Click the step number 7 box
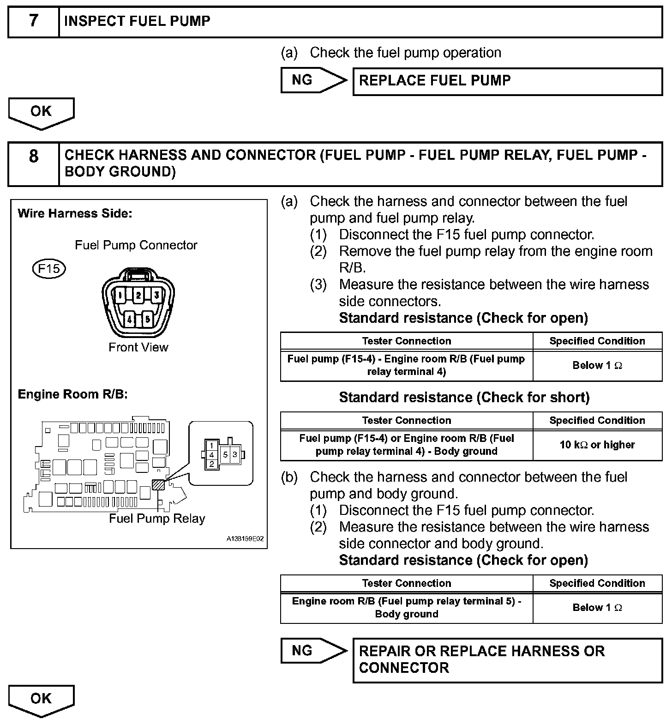34,21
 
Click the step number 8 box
34,163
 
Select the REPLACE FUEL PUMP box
507,81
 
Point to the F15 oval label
49,268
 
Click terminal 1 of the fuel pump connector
120,295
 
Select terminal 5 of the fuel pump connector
147,319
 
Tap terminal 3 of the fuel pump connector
156,295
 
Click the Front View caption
138,347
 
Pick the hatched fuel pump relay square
158,484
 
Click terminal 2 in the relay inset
211,464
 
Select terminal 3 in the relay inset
234,454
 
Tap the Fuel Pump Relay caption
157,519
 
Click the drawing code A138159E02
245,539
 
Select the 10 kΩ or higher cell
597,445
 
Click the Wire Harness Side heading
75,213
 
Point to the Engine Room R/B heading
72,394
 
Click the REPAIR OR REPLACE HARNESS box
507,660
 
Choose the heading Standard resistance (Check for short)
464,398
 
